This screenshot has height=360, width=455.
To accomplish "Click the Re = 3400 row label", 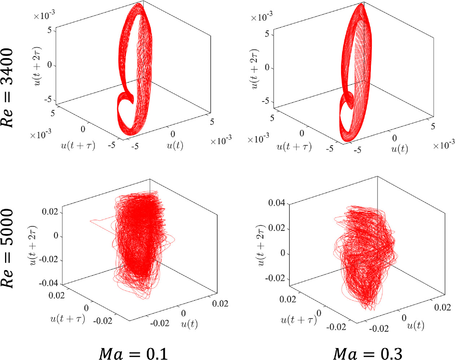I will (8, 87).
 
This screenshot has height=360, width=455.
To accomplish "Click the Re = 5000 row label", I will (8, 248).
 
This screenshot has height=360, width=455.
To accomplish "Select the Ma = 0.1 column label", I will (133, 354).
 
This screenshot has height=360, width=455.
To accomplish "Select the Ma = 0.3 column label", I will (367, 354).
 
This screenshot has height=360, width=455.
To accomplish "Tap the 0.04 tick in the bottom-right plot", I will (276, 203).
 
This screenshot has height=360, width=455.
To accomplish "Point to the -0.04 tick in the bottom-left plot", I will (49, 283).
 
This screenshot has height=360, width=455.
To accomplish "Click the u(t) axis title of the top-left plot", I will (175, 145).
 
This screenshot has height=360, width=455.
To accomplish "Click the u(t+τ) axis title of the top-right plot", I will (294, 147).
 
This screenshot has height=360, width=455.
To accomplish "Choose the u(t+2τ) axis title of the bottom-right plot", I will (262, 246).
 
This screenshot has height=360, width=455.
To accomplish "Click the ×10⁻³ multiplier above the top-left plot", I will (44, 16).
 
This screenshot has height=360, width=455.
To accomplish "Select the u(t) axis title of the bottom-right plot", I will (415, 326).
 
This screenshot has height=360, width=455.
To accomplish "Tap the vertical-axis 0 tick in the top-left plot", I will (49, 65).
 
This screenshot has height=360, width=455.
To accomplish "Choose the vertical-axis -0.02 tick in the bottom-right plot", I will (275, 278).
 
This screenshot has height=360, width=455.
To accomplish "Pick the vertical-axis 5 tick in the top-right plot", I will (267, 34).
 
